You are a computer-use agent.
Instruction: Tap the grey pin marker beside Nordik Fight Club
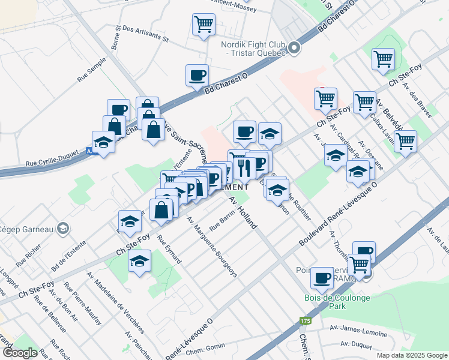pyautogui.click(x=294, y=47)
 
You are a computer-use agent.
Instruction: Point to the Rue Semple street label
pyautogui.click(x=91, y=69)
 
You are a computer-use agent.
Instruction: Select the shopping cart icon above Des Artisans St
pyautogui.click(x=203, y=25)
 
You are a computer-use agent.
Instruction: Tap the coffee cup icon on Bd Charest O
pyautogui.click(x=197, y=75)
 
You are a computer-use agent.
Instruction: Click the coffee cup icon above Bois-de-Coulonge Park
pyautogui.click(x=322, y=277)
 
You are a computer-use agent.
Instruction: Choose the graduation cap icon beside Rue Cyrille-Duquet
pyautogui.click(x=104, y=142)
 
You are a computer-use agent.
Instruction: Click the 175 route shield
pyautogui.click(x=306, y=320)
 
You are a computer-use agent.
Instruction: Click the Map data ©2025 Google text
pyautogui.click(x=411, y=355)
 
